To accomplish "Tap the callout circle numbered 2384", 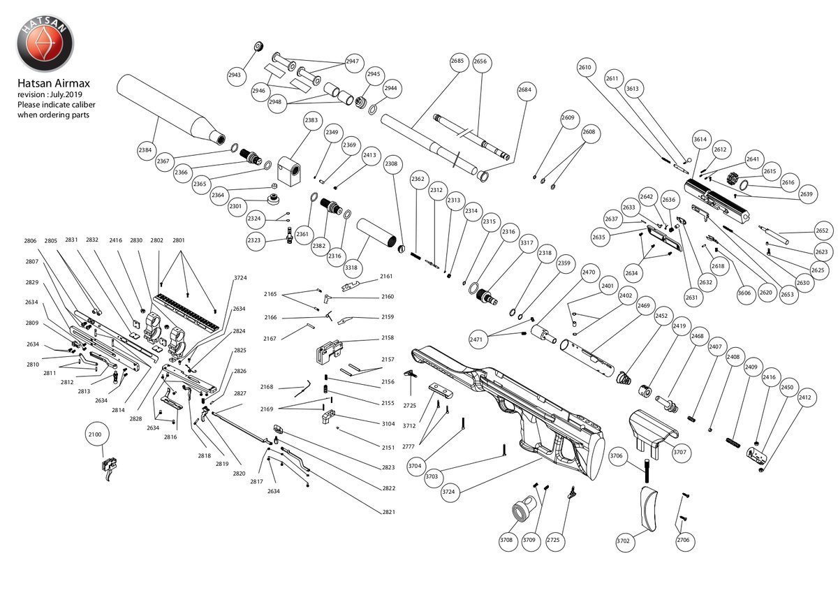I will pos(145,149).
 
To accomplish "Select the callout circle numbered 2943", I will pos(235,75).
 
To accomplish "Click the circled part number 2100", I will pos(95,434).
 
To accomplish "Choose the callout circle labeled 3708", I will pos(506,539).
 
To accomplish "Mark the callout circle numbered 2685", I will pos(457,61).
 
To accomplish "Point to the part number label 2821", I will pos(389,512).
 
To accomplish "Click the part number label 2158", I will pos(388,338).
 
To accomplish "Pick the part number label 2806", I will pos(30,240).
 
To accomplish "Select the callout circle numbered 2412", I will pos(804,397).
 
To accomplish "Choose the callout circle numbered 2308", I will pos(391,163).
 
